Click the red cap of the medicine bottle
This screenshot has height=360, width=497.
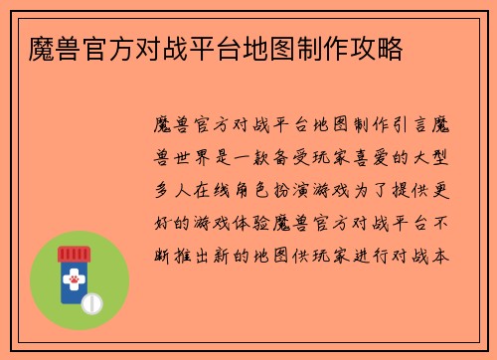coord(74,253)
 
